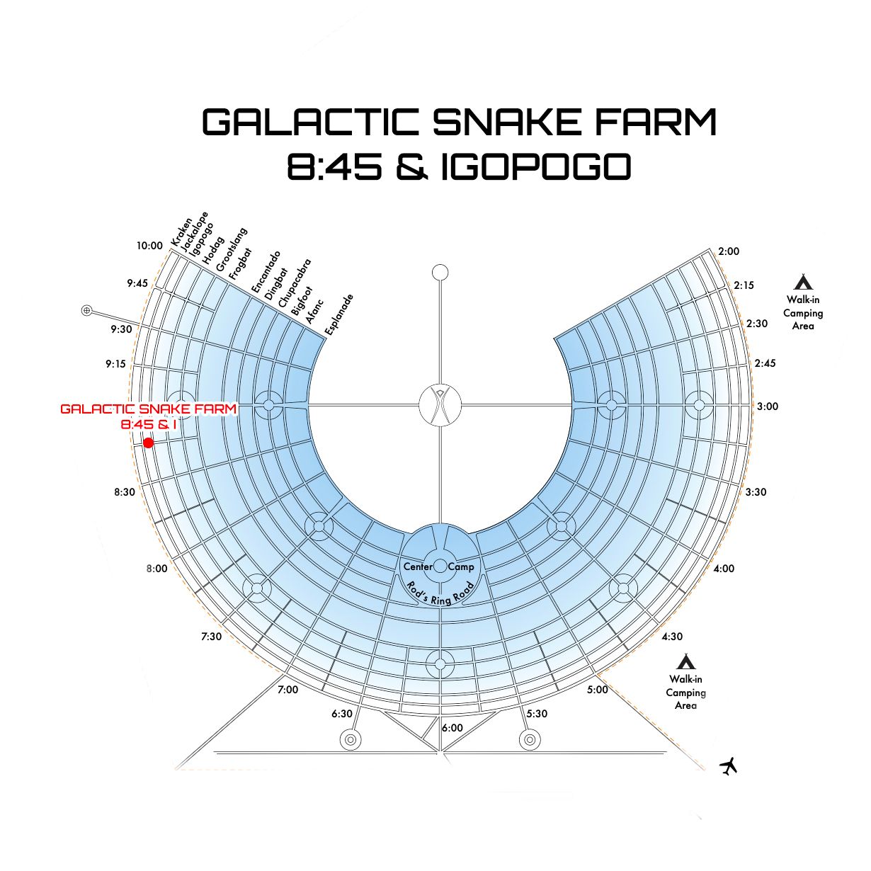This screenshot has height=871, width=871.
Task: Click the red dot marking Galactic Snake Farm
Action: pyautogui.click(x=148, y=443)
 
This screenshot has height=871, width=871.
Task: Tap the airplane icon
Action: pyautogui.click(x=728, y=765)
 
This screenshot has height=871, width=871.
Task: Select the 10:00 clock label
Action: pyautogui.click(x=149, y=246)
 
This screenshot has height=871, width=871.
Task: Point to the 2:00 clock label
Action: pyautogui.click(x=728, y=251)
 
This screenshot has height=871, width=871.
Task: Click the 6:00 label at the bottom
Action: pyautogui.click(x=452, y=728)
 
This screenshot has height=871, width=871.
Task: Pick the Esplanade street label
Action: pyautogui.click(x=338, y=314)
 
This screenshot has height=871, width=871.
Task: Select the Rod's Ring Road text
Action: pyautogui.click(x=440, y=593)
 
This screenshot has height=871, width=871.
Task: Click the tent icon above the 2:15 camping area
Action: pyautogui.click(x=803, y=283)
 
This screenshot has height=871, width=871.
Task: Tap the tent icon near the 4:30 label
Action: pyautogui.click(x=685, y=662)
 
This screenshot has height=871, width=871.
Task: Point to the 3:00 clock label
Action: pyautogui.click(x=767, y=406)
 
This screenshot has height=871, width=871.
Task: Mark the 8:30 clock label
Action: pyautogui.click(x=125, y=491)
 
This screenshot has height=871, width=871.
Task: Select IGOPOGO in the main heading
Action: pyautogui.click(x=535, y=167)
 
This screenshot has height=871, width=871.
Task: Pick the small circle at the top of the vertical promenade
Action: pyautogui.click(x=440, y=272)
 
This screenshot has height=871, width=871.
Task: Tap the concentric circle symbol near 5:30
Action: pyautogui.click(x=528, y=740)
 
